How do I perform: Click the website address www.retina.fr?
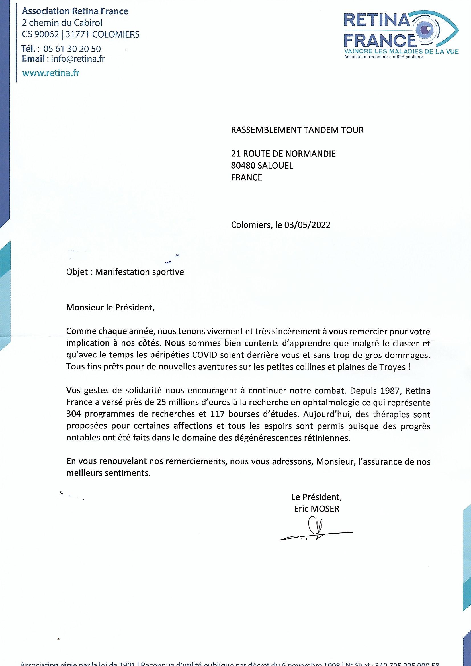[51, 73]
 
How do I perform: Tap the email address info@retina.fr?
[78, 59]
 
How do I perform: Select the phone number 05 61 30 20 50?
[72, 49]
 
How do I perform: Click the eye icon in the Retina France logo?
[429, 30]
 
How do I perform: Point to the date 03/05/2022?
[308, 225]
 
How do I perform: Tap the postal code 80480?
[243, 166]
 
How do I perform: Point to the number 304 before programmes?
[74, 414]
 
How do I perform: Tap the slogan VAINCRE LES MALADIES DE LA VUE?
[401, 52]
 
